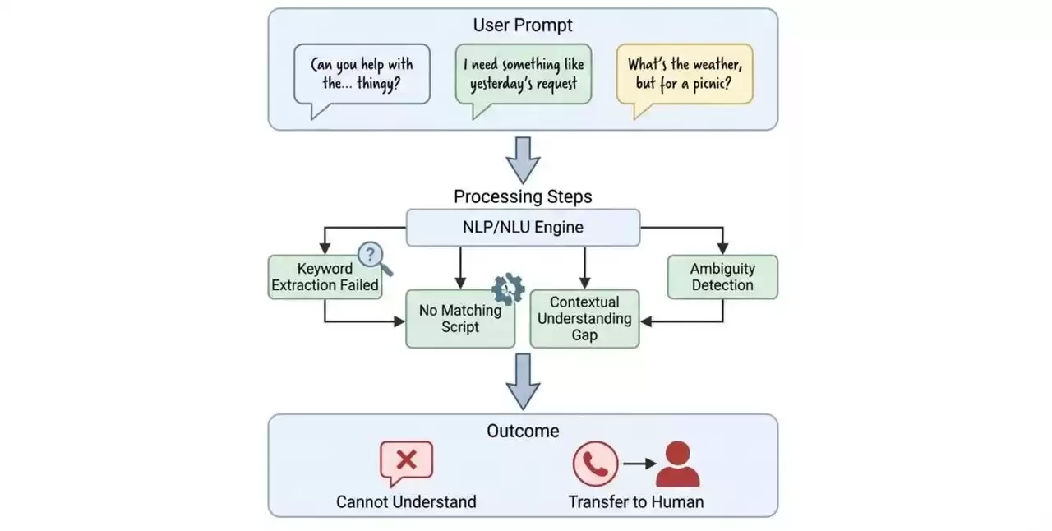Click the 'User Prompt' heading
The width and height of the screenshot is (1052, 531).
[x=523, y=25]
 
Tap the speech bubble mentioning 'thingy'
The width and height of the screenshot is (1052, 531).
[x=362, y=74]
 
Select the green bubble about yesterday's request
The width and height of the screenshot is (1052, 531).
[x=524, y=74]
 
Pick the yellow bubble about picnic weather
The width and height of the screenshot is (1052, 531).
[x=685, y=74]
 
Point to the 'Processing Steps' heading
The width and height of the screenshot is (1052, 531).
[x=523, y=197]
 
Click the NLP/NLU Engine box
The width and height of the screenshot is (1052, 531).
[x=523, y=228]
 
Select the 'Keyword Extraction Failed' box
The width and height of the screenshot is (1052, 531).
[x=325, y=277]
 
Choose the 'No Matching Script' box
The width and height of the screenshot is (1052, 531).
[x=460, y=318]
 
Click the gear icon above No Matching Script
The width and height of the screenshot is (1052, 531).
[x=507, y=289]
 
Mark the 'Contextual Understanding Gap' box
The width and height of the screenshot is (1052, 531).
[x=584, y=318]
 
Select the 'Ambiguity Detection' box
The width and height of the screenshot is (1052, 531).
[x=722, y=277]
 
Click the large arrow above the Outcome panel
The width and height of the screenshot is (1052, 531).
[x=523, y=381]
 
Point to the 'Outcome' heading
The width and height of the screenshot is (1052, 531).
[x=523, y=431]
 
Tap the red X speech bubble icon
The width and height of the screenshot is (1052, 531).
[x=406, y=462]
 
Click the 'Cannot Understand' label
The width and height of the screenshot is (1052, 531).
[x=406, y=501]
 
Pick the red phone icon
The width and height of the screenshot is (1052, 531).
[x=595, y=464]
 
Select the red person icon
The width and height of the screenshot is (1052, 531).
[x=677, y=464]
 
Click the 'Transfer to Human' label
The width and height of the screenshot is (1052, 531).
[x=635, y=501]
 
